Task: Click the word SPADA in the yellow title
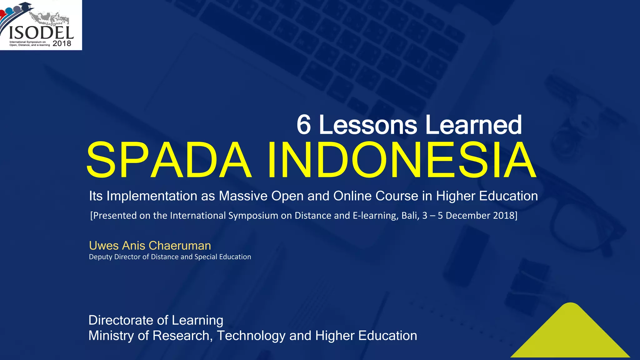click(169, 160)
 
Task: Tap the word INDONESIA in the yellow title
click(402, 160)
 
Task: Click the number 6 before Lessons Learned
click(303, 125)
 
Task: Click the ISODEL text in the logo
click(41, 33)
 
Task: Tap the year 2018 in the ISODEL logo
click(62, 43)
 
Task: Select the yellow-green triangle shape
click(571, 336)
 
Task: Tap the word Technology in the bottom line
click(251, 336)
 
